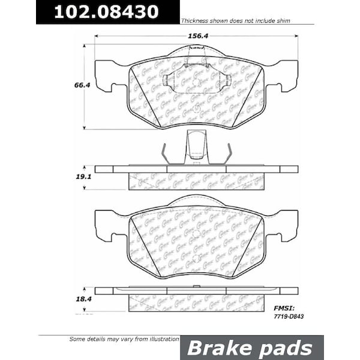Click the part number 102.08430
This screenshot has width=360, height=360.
(x=107, y=11)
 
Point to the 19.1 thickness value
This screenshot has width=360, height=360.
(x=83, y=178)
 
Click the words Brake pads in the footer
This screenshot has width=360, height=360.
(x=251, y=348)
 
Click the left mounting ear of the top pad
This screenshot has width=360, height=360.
(x=107, y=75)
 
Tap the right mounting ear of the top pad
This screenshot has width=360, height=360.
(x=285, y=75)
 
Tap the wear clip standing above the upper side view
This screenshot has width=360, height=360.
(x=196, y=147)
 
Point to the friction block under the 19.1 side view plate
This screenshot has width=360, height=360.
(x=196, y=181)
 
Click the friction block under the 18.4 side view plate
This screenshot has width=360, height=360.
(x=196, y=302)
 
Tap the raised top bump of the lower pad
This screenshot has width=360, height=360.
(x=196, y=202)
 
